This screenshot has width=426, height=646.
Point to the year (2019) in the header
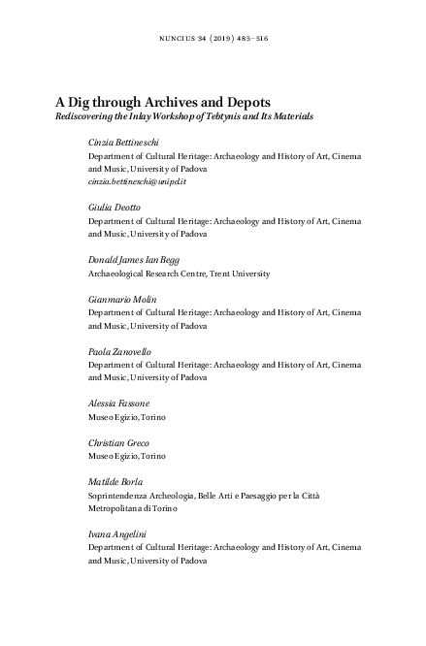click(228, 39)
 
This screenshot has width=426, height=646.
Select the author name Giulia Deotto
click(115, 208)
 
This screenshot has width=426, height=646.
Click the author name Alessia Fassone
click(119, 403)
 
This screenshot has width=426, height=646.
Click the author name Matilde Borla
click(117, 481)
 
